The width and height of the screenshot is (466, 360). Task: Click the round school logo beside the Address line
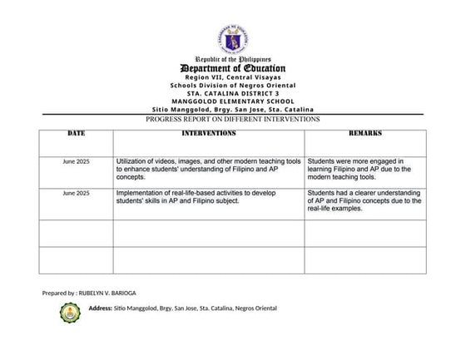click(x=72, y=313)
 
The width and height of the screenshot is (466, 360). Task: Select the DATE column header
click(x=76, y=133)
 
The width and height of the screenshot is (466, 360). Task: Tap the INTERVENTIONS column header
click(x=208, y=133)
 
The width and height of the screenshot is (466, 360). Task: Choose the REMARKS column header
click(x=364, y=133)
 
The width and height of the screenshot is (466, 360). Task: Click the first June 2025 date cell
click(x=76, y=161)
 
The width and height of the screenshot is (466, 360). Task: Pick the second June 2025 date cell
click(x=76, y=193)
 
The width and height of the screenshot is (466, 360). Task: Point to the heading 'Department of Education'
click(x=233, y=68)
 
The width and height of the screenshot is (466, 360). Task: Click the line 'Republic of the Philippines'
click(x=233, y=60)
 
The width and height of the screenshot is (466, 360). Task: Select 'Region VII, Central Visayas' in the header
click(x=233, y=76)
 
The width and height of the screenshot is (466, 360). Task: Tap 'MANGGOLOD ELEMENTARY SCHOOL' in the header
click(x=233, y=101)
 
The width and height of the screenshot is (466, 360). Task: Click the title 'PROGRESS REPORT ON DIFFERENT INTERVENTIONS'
click(x=233, y=119)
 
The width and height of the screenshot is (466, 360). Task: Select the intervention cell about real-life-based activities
click(x=208, y=196)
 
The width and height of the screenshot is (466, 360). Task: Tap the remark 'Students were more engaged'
click(x=364, y=169)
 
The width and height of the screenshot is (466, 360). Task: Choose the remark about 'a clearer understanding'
click(x=364, y=200)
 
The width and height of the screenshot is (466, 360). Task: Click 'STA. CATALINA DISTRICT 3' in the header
click(x=233, y=93)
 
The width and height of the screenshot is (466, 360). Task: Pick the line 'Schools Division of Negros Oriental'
click(x=233, y=85)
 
